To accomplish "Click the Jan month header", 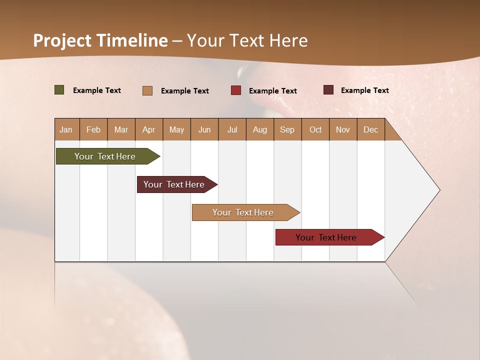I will (66, 129).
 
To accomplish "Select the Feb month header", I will (93, 129).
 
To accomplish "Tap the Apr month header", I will (148, 129).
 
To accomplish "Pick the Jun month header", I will (204, 129).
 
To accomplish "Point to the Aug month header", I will (260, 129).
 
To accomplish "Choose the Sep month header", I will (287, 129).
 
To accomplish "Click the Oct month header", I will (315, 129).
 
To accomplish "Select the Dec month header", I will (370, 129).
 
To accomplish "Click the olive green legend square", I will (59, 90).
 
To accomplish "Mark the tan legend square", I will (147, 90).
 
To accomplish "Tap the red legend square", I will (236, 90).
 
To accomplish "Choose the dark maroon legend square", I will (328, 90).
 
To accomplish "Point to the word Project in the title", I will (62, 40).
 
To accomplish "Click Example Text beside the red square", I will (273, 90).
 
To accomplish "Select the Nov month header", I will (342, 129).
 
